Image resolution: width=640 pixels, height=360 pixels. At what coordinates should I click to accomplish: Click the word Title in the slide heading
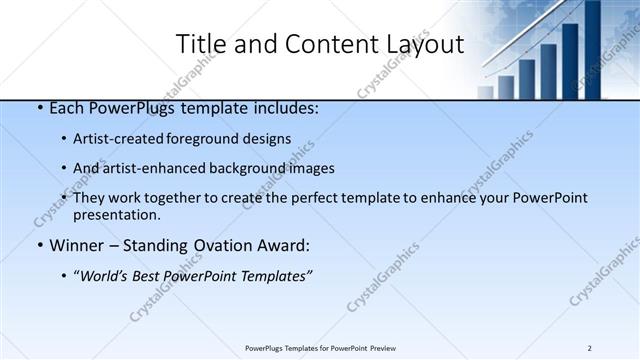click(x=201, y=45)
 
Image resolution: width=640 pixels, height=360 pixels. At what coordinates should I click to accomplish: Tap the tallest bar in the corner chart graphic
click(x=592, y=50)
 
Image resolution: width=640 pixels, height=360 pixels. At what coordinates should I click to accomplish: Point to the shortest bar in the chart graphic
click(x=486, y=92)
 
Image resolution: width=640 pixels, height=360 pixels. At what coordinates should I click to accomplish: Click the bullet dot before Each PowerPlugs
click(x=38, y=108)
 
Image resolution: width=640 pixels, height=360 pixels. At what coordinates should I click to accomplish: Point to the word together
click(x=163, y=198)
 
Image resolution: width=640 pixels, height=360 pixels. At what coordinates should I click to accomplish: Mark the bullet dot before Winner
click(x=38, y=245)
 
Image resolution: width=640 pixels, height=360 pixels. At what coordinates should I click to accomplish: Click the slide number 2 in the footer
click(x=590, y=348)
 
